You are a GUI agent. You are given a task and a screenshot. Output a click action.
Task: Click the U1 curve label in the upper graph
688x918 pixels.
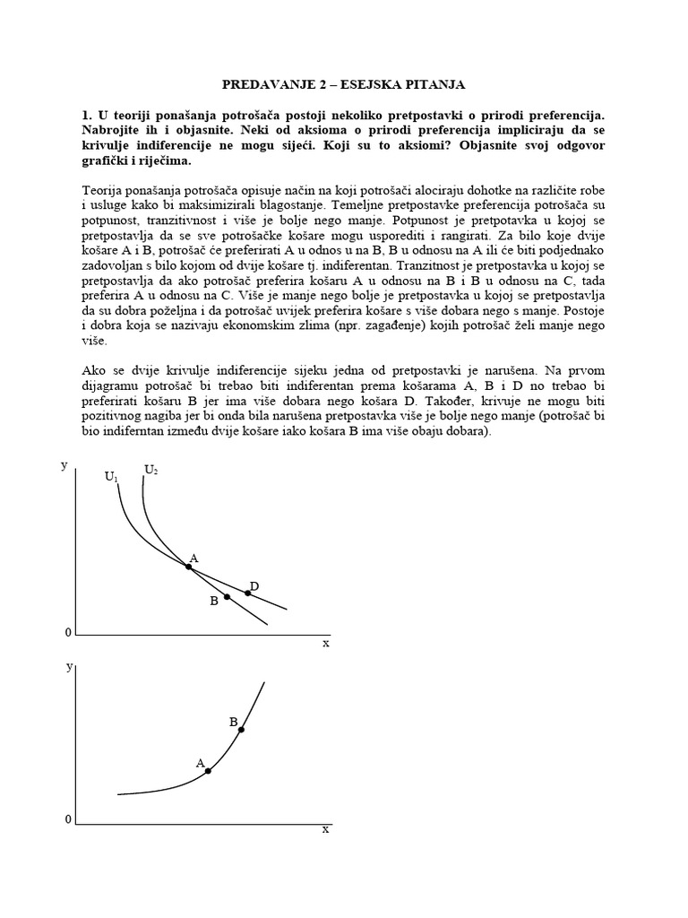(x=111, y=478)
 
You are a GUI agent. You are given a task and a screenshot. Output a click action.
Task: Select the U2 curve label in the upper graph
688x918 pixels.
(x=151, y=470)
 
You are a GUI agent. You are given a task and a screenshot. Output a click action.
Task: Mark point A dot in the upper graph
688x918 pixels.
(x=188, y=566)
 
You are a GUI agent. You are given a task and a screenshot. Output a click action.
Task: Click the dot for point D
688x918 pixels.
(x=248, y=593)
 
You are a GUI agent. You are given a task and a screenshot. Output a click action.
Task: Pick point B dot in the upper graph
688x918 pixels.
(x=227, y=597)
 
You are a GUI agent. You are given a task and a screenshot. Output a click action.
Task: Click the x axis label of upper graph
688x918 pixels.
(x=325, y=643)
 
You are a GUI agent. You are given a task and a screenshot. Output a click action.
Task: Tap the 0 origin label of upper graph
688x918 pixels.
(x=67, y=634)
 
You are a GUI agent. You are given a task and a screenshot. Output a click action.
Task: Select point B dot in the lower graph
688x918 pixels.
(x=241, y=730)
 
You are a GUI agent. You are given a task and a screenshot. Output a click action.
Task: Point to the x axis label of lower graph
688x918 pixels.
(x=325, y=829)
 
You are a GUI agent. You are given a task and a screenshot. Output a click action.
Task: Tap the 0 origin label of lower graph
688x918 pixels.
(x=67, y=820)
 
